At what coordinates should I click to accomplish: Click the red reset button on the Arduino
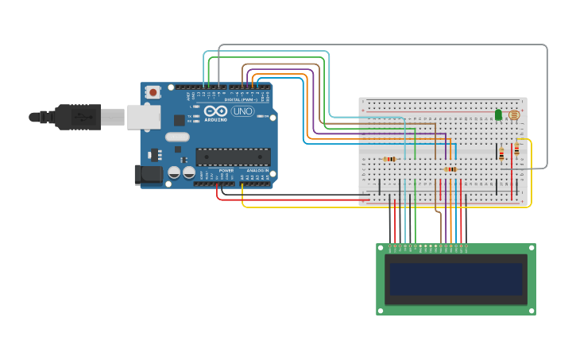tap(153, 92)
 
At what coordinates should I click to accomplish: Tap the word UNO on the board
tap(242, 111)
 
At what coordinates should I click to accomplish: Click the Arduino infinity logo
tap(215, 111)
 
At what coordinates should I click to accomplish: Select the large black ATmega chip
tap(233, 157)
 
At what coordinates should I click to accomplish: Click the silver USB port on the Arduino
tap(144, 117)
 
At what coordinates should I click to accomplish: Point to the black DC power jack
tap(147, 175)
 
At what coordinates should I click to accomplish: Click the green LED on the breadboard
tap(498, 114)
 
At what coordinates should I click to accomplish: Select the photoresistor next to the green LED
tap(513, 114)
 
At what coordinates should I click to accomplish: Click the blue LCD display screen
tap(455, 279)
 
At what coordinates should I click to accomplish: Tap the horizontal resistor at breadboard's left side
tap(389, 159)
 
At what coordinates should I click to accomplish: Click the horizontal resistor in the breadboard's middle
tap(450, 169)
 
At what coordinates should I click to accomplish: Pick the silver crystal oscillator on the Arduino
tap(177, 137)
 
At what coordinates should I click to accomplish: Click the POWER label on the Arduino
tap(226, 170)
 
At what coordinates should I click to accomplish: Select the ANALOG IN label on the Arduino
tap(257, 170)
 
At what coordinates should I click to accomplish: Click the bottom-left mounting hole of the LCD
tap(381, 310)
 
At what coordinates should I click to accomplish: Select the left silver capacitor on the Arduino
tap(174, 172)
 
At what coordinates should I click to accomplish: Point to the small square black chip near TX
tap(180, 120)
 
